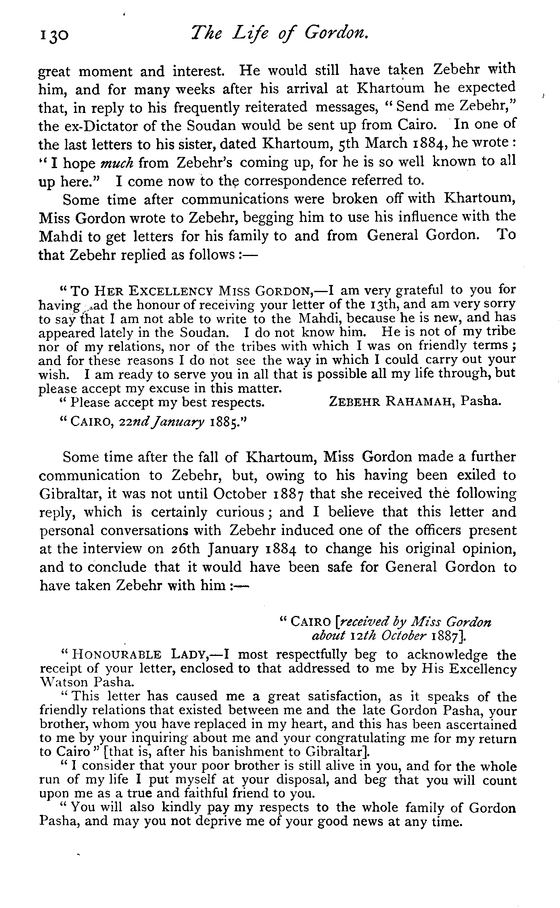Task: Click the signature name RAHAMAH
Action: coord(416,402)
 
